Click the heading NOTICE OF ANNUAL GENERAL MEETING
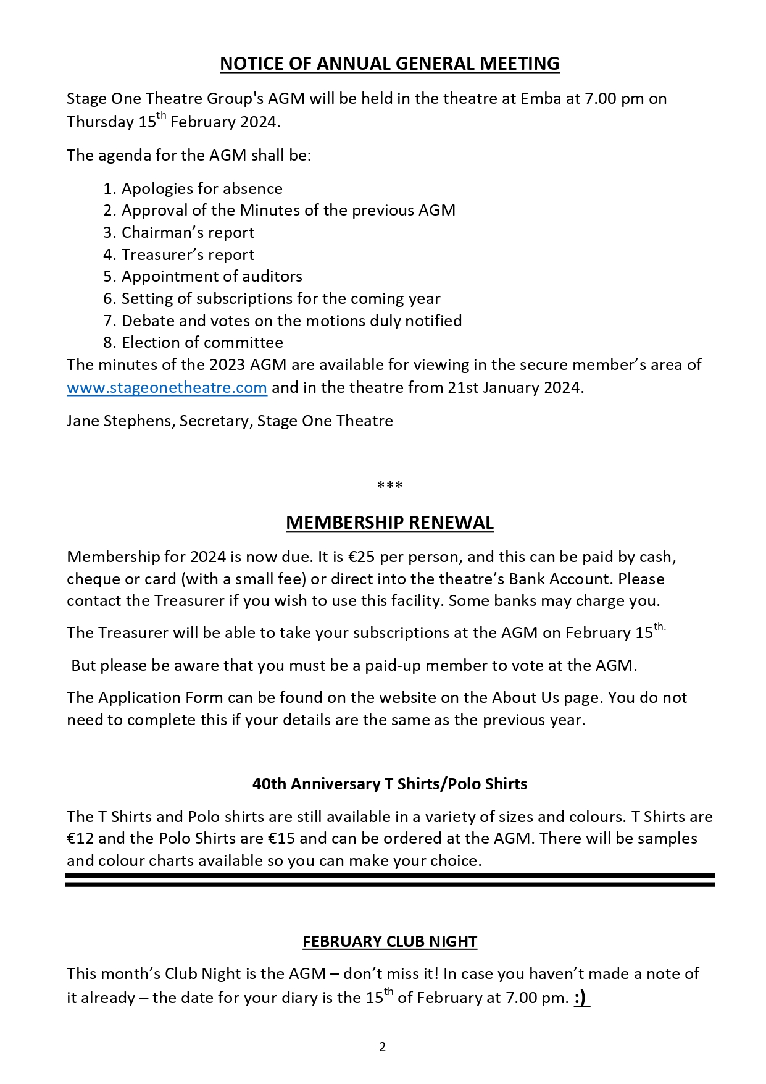pyautogui.click(x=389, y=64)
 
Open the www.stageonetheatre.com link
pyautogui.click(x=167, y=388)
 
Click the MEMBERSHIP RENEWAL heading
pyautogui.click(x=389, y=523)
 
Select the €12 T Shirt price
pyautogui.click(x=80, y=839)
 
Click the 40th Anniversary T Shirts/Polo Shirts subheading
pyautogui.click(x=389, y=784)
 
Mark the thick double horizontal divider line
pyautogui.click(x=389, y=880)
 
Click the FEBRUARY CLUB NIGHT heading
pyautogui.click(x=389, y=941)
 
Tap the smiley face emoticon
pyautogui.click(x=581, y=998)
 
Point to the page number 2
pyautogui.click(x=383, y=1047)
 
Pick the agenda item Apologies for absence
pyautogui.click(x=202, y=189)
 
